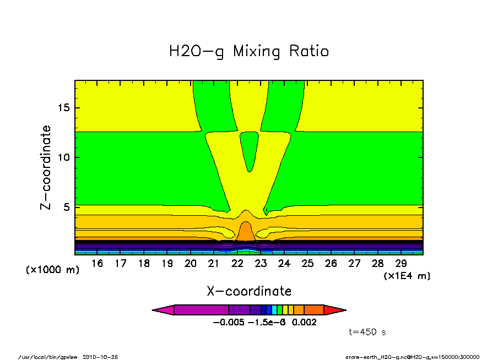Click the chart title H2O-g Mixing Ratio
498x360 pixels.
249,52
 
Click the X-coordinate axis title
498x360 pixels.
249,291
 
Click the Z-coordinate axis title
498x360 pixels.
46,167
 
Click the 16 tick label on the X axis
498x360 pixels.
97,264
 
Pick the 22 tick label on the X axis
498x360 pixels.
237,264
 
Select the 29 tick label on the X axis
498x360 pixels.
402,264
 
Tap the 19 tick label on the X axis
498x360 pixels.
167,264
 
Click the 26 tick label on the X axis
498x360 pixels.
331,264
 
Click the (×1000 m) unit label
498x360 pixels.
53,270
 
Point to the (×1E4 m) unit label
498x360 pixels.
407,275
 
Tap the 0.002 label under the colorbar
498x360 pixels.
304,322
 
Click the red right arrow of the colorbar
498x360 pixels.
335,310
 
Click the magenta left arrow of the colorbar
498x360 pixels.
163,310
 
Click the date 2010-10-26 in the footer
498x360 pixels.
100,356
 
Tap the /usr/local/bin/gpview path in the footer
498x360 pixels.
49,356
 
